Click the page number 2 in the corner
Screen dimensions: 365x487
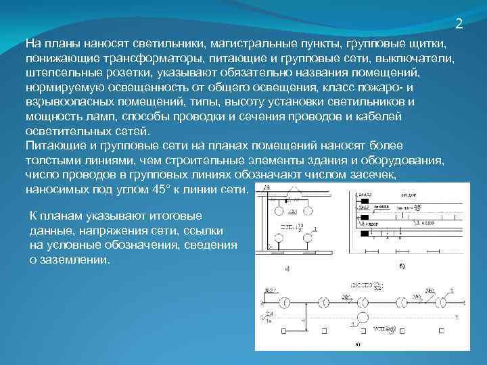459,24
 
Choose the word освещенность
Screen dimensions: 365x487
162,87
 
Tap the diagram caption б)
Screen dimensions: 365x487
402,268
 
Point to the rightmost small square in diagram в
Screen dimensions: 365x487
441,331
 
